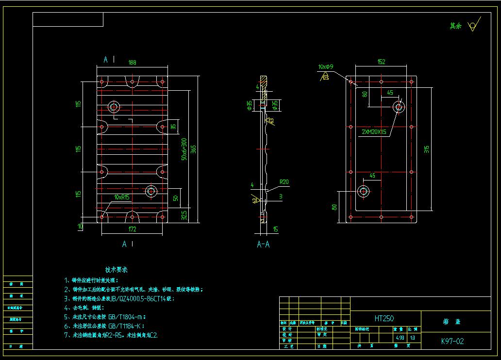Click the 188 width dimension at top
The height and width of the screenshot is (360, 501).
click(x=132, y=62)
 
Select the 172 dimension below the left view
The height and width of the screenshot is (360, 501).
click(x=132, y=229)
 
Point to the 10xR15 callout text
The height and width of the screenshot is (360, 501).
click(x=122, y=197)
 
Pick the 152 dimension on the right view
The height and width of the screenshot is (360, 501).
click(x=381, y=62)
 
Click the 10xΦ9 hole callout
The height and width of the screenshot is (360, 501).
click(x=326, y=66)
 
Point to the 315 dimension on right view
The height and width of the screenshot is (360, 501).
click(x=427, y=149)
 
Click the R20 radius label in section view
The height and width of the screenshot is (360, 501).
click(x=284, y=182)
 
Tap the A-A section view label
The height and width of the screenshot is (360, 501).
click(x=263, y=245)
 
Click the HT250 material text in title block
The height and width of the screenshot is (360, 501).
click(x=384, y=319)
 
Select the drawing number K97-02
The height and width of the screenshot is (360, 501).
click(x=452, y=341)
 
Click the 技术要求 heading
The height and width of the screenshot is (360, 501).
click(x=117, y=269)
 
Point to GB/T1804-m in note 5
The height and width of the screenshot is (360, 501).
click(x=125, y=316)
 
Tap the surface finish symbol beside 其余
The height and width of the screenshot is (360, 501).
click(x=473, y=26)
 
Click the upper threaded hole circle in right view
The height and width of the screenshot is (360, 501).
click(x=399, y=107)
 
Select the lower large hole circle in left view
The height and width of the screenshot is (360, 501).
click(x=150, y=191)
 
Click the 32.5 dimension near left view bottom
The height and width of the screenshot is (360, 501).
click(x=184, y=215)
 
